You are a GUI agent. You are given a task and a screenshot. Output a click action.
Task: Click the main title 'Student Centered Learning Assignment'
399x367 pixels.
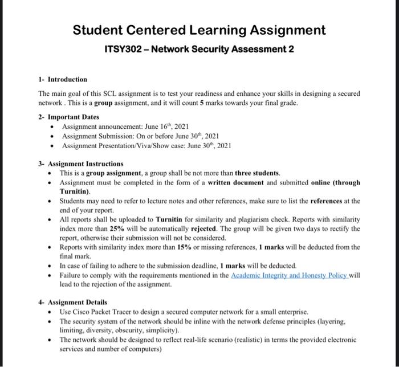[x=199, y=30]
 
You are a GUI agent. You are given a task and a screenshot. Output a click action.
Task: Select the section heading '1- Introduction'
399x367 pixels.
[x=63, y=79]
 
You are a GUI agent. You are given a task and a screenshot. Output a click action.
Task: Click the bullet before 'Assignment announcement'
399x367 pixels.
[x=53, y=126]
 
